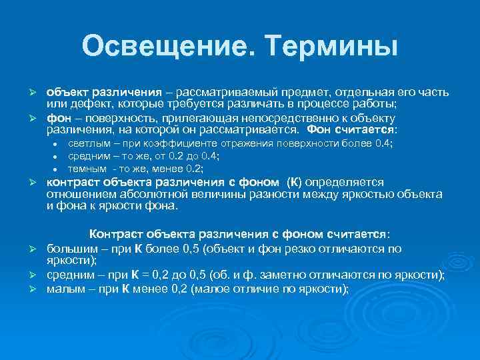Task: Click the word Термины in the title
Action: click(331, 46)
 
